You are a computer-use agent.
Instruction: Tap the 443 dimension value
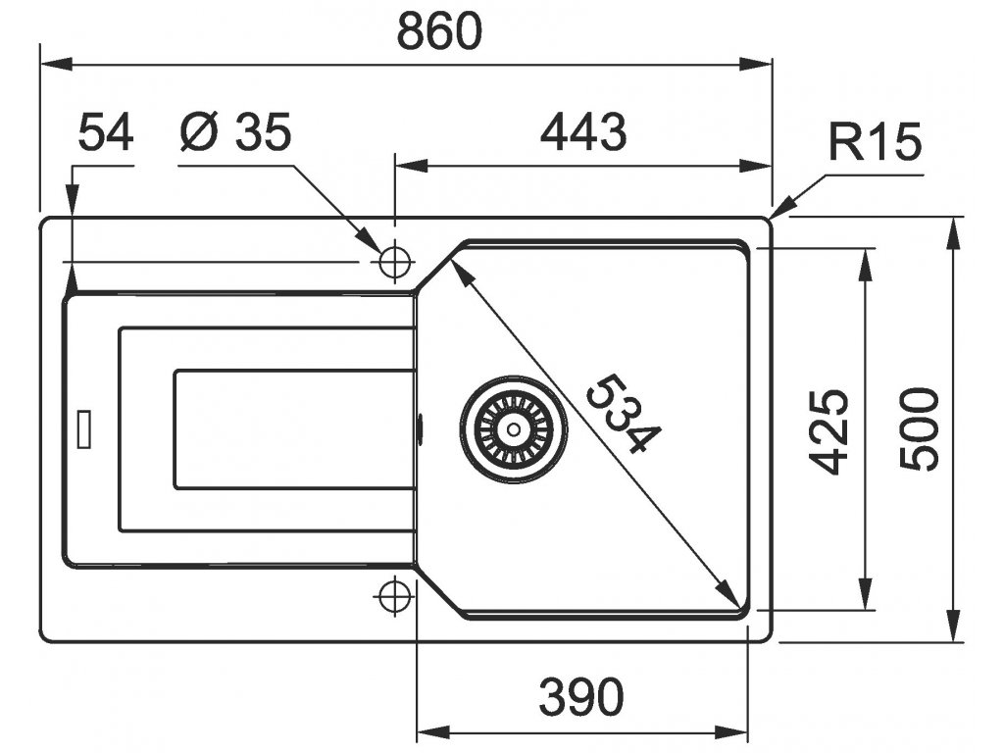pos(582,132)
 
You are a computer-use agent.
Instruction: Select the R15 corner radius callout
pos(875,144)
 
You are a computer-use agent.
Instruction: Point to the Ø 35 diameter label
pos(236,132)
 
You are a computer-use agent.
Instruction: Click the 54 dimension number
pos(105,132)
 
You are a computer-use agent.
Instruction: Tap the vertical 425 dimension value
pos(830,430)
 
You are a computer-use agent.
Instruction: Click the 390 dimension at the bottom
pos(581,697)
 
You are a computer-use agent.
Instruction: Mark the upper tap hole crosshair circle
pos(394,262)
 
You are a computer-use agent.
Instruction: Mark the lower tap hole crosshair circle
pos(394,595)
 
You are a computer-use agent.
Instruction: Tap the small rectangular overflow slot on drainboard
pos(85,428)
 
